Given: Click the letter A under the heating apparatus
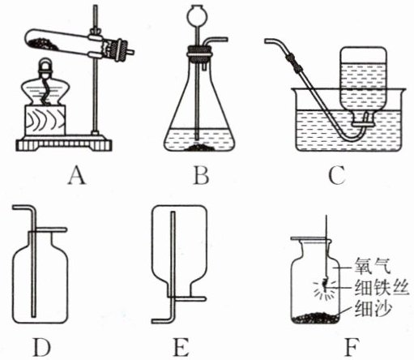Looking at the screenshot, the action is point(77,175).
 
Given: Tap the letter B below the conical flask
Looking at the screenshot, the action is point(202,175).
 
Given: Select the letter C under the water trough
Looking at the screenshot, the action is point(337,175).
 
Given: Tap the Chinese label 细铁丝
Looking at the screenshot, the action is point(382,287).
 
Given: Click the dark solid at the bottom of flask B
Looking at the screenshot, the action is point(199,148).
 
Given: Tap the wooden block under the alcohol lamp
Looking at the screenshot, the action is point(45,120).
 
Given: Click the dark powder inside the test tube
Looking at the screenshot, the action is point(43,44).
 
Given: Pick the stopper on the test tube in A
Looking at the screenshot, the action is point(119,49).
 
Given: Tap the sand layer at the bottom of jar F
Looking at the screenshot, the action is point(315,318).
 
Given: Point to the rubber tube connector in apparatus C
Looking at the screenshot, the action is point(295,62).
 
